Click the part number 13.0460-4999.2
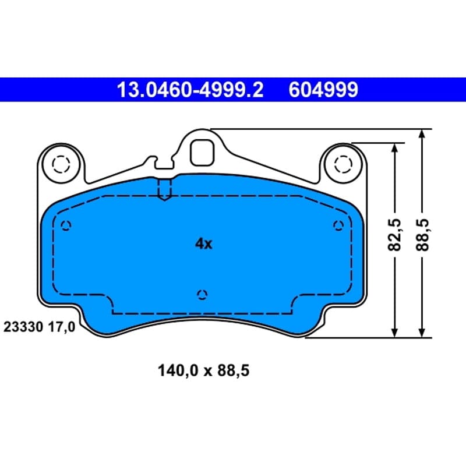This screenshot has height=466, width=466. point(190,90)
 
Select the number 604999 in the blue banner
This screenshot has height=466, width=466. point(323,90)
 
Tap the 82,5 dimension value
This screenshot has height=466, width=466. point(395,235)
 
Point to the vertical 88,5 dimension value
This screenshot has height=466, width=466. point(422,235)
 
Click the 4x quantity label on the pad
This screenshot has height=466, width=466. point(203,243)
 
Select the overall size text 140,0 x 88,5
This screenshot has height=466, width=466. point(203,370)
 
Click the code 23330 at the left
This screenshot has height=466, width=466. point(23,327)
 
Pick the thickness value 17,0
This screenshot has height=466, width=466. point(62,327)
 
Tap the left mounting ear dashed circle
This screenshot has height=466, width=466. point(61,164)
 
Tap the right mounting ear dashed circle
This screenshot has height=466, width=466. point(343,164)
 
